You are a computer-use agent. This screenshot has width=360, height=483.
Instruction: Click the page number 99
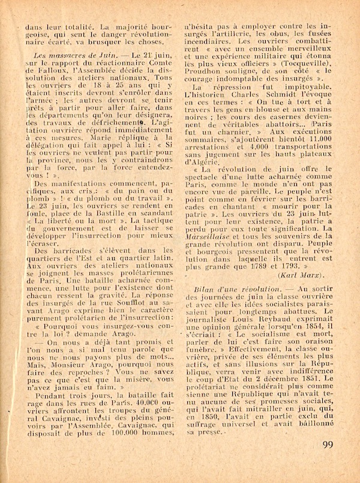point(329,461)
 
